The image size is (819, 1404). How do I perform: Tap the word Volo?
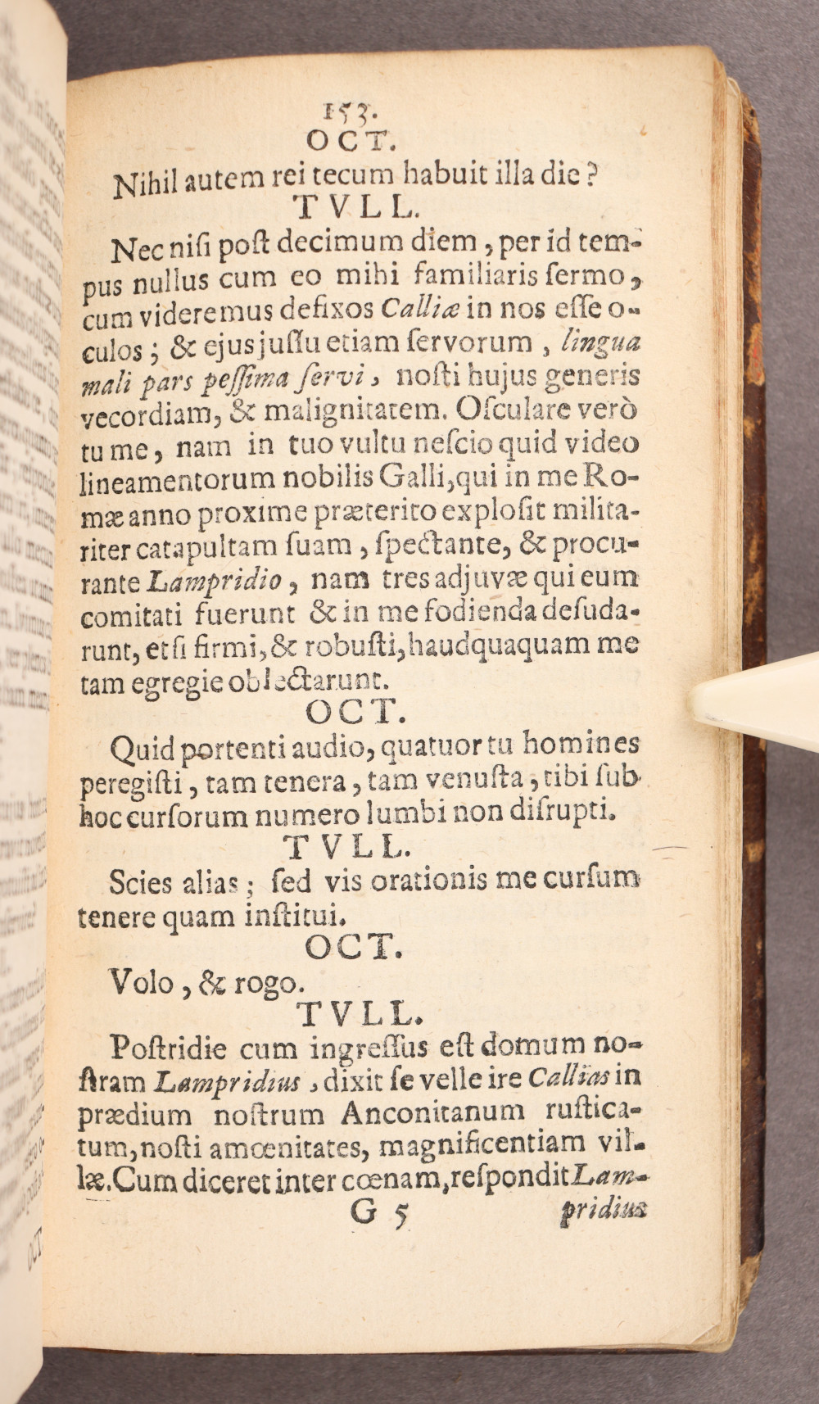(142, 981)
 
